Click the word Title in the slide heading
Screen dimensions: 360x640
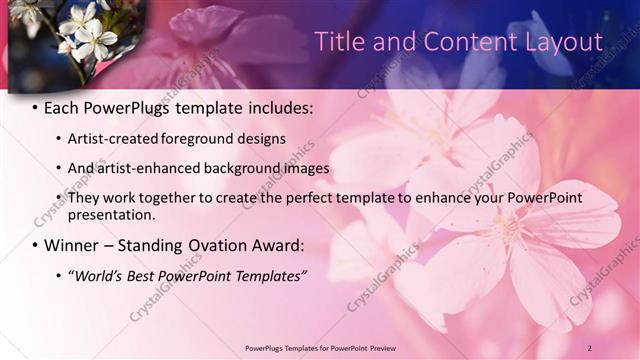click(x=341, y=41)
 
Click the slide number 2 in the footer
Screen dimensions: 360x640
click(x=590, y=347)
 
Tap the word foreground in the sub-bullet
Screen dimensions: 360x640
click(x=206, y=138)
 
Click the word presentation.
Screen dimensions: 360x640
click(x=111, y=214)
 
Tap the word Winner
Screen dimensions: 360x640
click(x=75, y=245)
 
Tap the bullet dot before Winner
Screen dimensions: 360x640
click(x=35, y=246)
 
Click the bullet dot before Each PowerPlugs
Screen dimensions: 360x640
click(x=35, y=107)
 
